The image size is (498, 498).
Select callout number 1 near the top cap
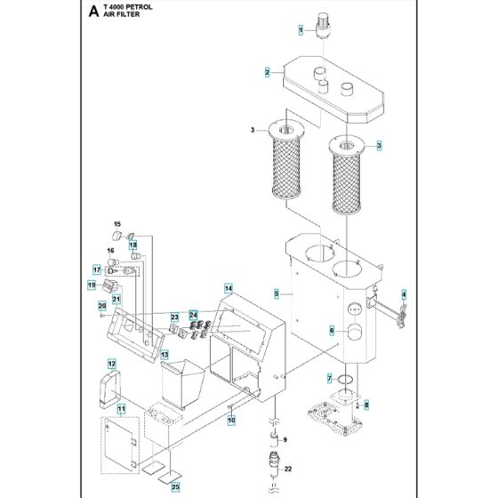point(301,29)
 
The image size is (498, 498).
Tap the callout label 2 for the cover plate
point(267,72)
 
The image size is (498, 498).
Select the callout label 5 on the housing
point(277,293)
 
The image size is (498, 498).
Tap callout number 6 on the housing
point(333,331)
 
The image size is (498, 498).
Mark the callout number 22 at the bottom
point(286,470)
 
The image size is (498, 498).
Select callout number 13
point(165,355)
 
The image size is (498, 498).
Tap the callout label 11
point(122,408)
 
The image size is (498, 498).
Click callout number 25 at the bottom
point(175,487)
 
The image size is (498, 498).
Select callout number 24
point(194,315)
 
